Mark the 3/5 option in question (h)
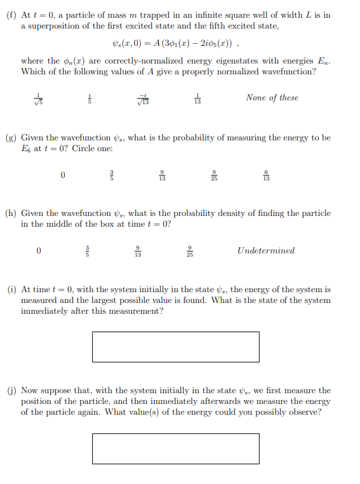tap(89, 251)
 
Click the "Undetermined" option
tap(266, 250)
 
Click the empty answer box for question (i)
tap(175, 347)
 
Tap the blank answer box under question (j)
tap(175, 448)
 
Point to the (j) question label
tap(11, 391)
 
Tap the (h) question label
tap(11, 213)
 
